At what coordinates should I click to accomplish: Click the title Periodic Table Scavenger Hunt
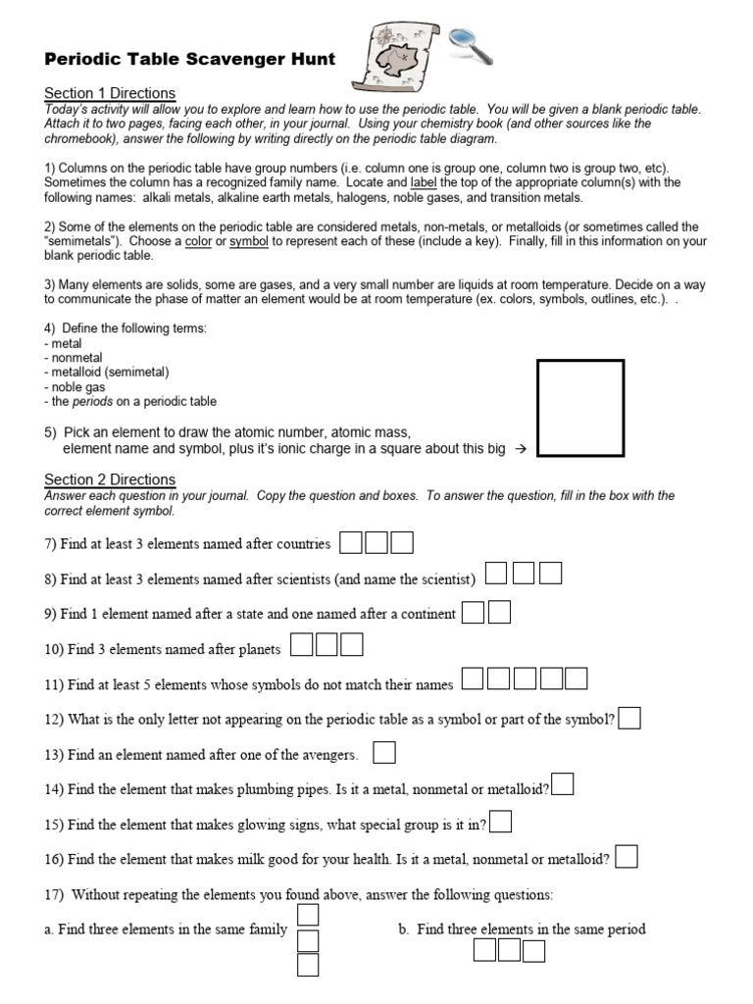coord(189,60)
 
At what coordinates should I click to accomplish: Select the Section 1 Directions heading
coord(110,93)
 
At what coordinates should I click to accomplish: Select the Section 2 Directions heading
coord(110,479)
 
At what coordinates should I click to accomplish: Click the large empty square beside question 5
coord(580,408)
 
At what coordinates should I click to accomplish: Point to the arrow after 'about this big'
coord(521,449)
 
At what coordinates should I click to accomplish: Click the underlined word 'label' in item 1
coord(424,183)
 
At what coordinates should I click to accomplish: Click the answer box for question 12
coord(629,719)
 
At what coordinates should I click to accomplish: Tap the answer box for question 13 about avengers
coord(384,753)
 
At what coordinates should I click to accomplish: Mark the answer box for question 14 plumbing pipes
coord(563,785)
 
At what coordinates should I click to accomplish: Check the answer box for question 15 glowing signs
coord(500,822)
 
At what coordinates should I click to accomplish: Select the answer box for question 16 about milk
coord(627,858)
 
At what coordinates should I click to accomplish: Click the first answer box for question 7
coord(350,542)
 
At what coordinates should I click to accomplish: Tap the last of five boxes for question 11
coord(576,678)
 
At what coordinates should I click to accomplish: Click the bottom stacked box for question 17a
coord(308,966)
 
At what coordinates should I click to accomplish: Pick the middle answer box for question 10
coord(326,645)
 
